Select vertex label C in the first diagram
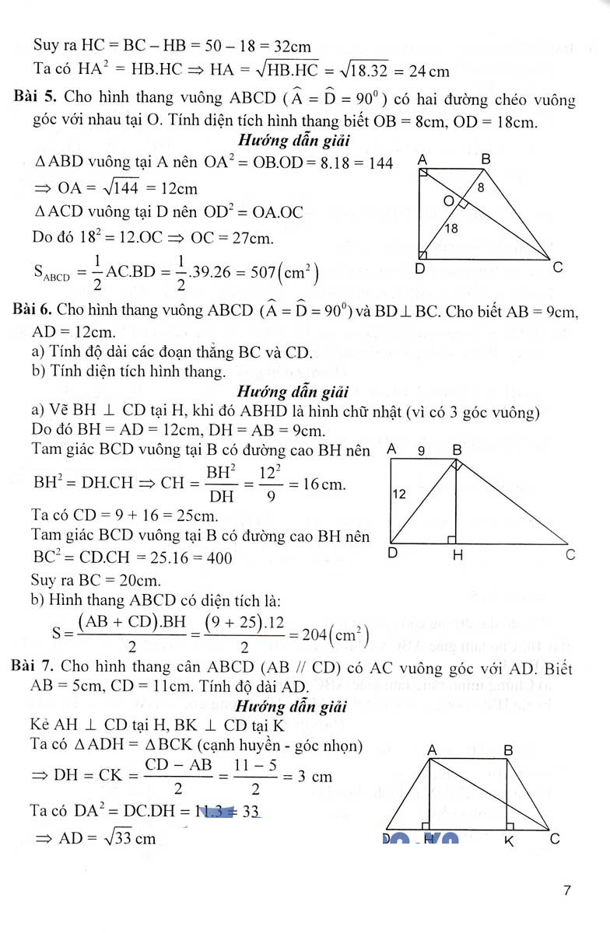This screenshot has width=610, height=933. pyautogui.click(x=557, y=267)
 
